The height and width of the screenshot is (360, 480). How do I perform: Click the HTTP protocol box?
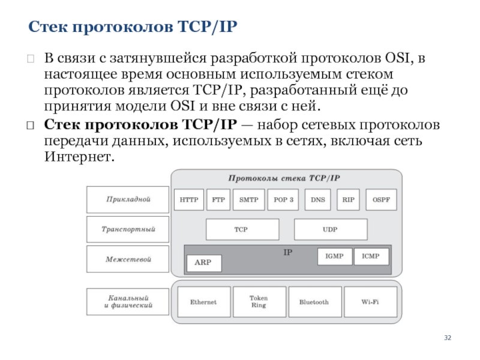point(189,200)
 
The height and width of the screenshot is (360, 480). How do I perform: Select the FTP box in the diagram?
point(218,200)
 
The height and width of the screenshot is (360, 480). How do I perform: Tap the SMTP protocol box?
point(248,200)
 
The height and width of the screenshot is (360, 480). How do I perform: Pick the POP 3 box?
point(283,200)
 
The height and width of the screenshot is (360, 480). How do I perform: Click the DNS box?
point(318,200)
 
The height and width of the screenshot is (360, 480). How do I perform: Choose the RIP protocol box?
point(349,200)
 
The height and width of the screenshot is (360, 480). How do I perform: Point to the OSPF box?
point(381,200)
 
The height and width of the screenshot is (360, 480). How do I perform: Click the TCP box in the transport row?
point(242,229)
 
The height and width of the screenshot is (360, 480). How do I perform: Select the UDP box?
point(331,229)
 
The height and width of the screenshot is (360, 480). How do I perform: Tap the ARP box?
point(204,263)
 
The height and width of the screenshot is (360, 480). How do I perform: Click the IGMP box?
point(335,256)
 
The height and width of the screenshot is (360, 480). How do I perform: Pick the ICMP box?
point(371,256)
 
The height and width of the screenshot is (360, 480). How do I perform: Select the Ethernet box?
point(204,302)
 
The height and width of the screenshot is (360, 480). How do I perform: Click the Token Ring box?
point(260,302)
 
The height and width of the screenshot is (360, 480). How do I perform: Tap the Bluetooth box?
point(315,302)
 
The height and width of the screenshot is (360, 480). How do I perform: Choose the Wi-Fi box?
point(370,302)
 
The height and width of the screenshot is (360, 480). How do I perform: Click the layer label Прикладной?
point(128,199)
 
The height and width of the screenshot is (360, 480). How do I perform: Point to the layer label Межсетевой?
point(128,259)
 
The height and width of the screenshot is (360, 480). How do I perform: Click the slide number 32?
point(448,338)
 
